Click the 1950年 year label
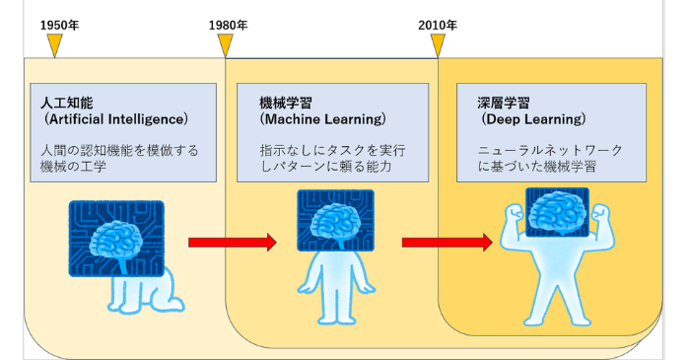[x=59, y=24]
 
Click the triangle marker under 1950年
[x=55, y=44]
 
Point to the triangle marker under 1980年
[x=226, y=44]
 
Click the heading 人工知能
[x=65, y=102]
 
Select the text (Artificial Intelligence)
[x=115, y=119]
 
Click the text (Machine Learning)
[x=321, y=119]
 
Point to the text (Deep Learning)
[x=533, y=119]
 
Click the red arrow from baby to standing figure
[x=232, y=242]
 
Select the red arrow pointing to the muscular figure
[x=447, y=243]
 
